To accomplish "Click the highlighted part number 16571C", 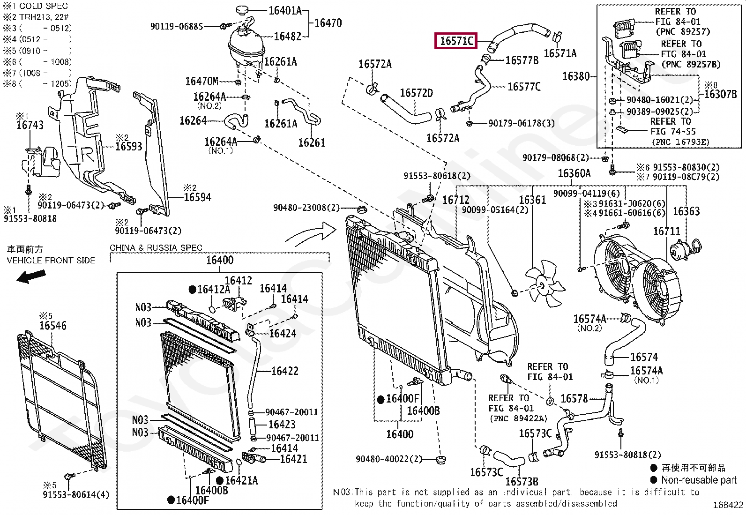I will point(456,41).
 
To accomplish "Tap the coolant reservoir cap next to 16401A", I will point(242,10).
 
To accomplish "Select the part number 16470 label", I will point(328,23).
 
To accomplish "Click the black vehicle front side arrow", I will point(31,276).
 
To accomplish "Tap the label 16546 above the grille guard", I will point(52,326).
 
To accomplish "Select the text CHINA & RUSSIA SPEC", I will point(156,247).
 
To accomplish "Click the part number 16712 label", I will point(455,200).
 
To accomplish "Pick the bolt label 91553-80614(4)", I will point(75,494).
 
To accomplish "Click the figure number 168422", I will point(728,505).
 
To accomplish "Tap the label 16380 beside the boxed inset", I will point(575,76).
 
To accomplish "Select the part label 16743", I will point(30,125).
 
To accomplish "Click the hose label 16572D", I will point(416,93).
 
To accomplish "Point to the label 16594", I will point(197,197).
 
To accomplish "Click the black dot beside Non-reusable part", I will point(654,479).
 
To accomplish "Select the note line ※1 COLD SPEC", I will point(36,6).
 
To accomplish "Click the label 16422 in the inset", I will point(284,371).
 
